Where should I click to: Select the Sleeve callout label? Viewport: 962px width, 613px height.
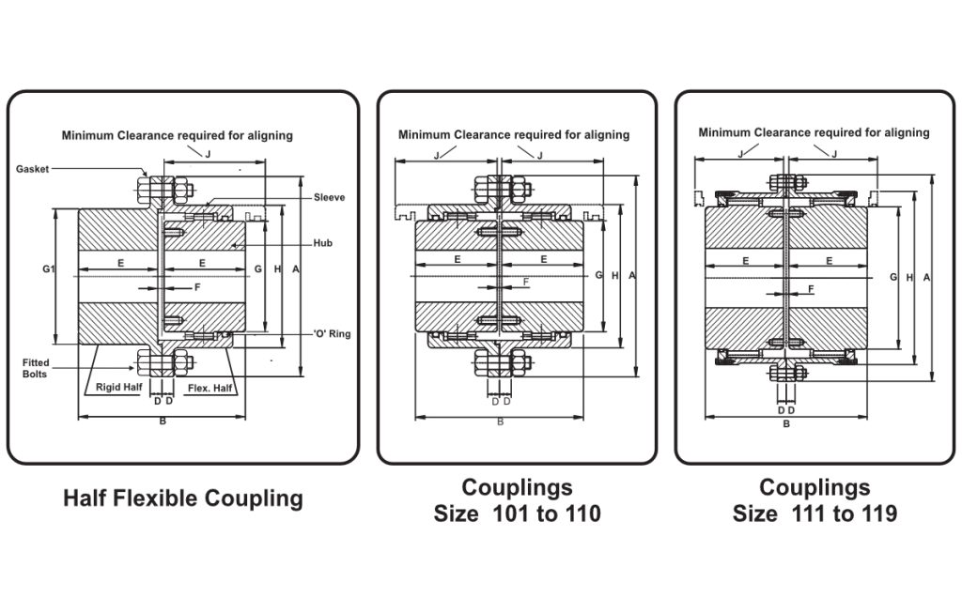tap(329, 197)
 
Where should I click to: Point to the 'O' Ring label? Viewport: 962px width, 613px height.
tap(332, 334)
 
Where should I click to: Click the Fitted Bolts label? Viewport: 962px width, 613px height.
tap(36, 368)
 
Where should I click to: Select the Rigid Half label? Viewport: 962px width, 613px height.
tap(118, 385)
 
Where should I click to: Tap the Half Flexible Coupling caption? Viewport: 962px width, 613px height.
tap(183, 498)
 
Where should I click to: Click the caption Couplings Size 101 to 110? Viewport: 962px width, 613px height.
tap(517, 500)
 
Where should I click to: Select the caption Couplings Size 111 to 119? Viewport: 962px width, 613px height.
tap(815, 500)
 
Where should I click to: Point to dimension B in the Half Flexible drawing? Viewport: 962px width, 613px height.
tap(163, 422)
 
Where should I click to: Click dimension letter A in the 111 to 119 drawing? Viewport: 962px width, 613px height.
tap(927, 278)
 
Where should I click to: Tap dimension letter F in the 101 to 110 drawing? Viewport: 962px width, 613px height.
tap(525, 281)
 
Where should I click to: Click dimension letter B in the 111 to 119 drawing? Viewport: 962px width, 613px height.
tap(786, 423)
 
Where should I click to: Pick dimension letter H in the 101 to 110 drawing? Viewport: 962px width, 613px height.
tap(614, 276)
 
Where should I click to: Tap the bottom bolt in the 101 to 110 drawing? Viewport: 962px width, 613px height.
tap(498, 361)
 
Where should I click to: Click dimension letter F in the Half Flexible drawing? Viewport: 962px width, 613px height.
tap(197, 286)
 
